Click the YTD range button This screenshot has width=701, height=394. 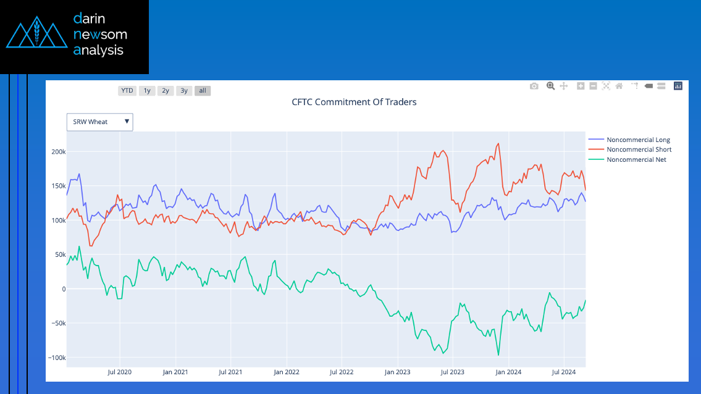pyautogui.click(x=127, y=91)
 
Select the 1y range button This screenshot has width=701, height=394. pyautogui.click(x=147, y=91)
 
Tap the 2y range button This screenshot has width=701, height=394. pyautogui.click(x=166, y=91)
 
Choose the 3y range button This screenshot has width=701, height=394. pyautogui.click(x=184, y=91)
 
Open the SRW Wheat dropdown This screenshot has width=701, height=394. pyautogui.click(x=99, y=122)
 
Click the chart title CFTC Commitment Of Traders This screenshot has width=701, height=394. pyautogui.click(x=354, y=102)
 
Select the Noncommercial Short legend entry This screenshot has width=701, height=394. pyautogui.click(x=639, y=149)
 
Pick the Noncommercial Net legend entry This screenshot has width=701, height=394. pyautogui.click(x=636, y=159)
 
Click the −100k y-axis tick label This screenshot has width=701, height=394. pyautogui.click(x=56, y=358)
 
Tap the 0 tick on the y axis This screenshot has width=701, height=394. pyautogui.click(x=63, y=289)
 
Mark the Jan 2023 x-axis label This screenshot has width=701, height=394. pyautogui.click(x=398, y=372)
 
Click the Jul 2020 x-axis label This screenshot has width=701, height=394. pyautogui.click(x=120, y=372)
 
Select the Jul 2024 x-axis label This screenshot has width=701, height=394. pyautogui.click(x=564, y=372)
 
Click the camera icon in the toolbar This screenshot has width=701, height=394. pyautogui.click(x=534, y=86)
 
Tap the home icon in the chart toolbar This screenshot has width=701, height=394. pyautogui.click(x=619, y=86)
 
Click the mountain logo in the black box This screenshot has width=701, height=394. pyautogui.click(x=36, y=36)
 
